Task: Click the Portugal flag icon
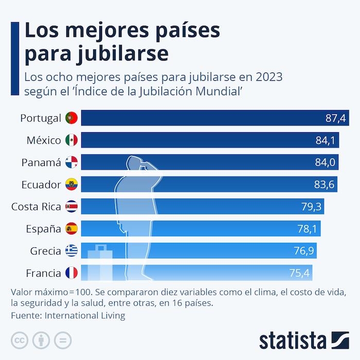tap(71, 118)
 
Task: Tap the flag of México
tap(71, 140)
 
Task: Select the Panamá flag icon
tap(71, 163)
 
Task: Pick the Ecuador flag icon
tap(71, 185)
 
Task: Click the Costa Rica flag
tap(71, 207)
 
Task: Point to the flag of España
tap(71, 229)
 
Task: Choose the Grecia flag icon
tap(71, 251)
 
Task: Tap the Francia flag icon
tap(71, 273)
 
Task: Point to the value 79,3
tap(312, 207)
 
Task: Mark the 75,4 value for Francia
tap(299, 273)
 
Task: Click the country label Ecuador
tap(41, 185)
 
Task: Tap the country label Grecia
tap(46, 251)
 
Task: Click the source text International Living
tap(85, 315)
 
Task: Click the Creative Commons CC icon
tap(19, 340)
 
